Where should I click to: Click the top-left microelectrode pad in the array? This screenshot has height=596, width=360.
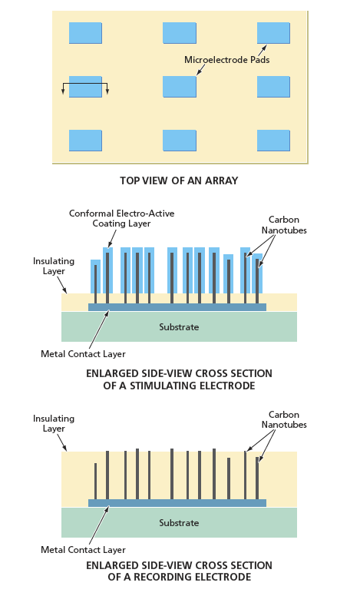pyautogui.click(x=85, y=33)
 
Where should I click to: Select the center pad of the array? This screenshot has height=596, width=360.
pyautogui.click(x=180, y=87)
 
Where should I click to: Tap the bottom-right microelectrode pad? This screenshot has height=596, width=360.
pyautogui.click(x=273, y=141)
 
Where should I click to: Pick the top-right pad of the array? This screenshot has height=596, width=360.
pyautogui.click(x=273, y=33)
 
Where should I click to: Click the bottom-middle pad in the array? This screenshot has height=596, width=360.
pyautogui.click(x=180, y=141)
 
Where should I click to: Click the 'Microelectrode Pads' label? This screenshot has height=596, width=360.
pyautogui.click(x=226, y=60)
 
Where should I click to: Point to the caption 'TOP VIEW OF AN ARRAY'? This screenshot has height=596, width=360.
pyautogui.click(x=180, y=180)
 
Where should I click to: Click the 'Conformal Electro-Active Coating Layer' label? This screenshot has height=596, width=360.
pyautogui.click(x=121, y=219)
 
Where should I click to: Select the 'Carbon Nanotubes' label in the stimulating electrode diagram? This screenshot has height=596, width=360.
pyautogui.click(x=284, y=224)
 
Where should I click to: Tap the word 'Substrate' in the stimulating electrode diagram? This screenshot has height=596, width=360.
pyautogui.click(x=179, y=327)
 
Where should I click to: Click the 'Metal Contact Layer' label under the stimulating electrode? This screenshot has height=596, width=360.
pyautogui.click(x=83, y=354)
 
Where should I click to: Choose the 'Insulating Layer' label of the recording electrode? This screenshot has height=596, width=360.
pyautogui.click(x=54, y=423)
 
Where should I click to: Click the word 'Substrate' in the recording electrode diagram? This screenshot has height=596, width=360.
pyautogui.click(x=179, y=522)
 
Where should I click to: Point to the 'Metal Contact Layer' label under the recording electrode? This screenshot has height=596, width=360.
pyautogui.click(x=83, y=550)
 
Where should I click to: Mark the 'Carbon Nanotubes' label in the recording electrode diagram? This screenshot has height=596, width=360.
pyautogui.click(x=284, y=419)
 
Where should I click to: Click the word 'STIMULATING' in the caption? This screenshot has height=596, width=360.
pyautogui.click(x=162, y=386)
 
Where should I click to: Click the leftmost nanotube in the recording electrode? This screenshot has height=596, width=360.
pyautogui.click(x=95, y=482)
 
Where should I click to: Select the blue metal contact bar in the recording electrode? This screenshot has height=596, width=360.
pyautogui.click(x=177, y=503)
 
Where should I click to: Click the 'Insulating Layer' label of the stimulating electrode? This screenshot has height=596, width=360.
pyautogui.click(x=54, y=266)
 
